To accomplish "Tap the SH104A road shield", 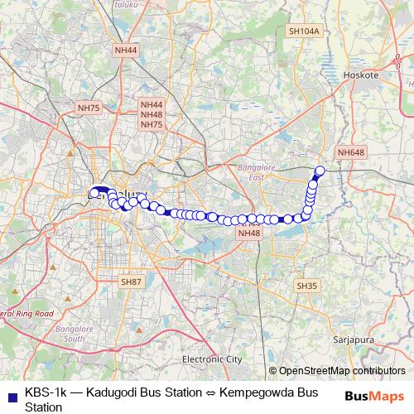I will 304,31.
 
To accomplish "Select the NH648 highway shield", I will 351,152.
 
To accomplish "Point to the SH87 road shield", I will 132,282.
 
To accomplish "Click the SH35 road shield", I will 306,286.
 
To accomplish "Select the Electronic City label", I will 212,359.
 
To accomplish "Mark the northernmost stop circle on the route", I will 320,171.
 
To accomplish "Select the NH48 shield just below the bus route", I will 248,233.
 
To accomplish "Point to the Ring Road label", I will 30,315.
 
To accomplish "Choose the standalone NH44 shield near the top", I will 127,51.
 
